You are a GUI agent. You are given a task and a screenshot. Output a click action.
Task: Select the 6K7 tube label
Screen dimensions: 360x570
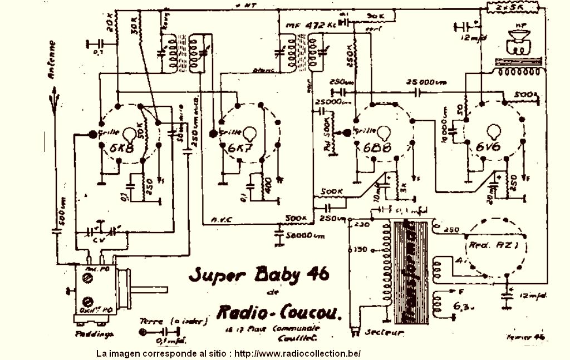click(240, 148)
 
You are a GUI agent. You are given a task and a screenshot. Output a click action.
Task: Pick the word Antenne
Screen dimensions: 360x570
click(52, 61)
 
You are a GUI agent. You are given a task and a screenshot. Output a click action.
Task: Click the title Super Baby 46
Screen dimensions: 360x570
click(258, 274)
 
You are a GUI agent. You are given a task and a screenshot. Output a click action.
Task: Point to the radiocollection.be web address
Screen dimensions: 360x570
click(297, 354)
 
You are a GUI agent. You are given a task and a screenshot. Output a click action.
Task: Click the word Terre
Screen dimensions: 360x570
click(151, 321)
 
